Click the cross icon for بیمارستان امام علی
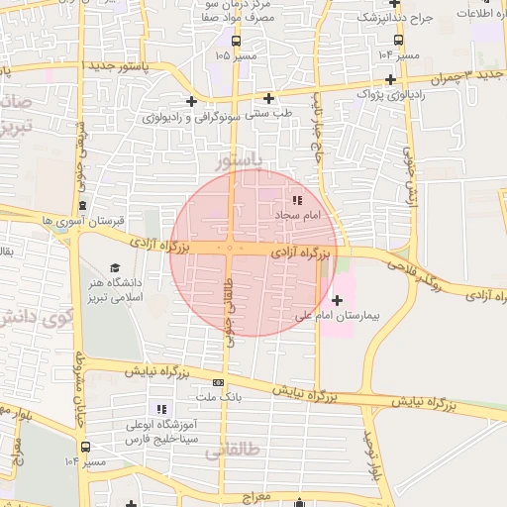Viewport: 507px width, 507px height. tap(337, 300)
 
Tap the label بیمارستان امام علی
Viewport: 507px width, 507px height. tap(344, 317)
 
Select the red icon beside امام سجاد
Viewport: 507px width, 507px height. tap(297, 201)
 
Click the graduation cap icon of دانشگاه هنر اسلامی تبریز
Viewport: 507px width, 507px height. tap(114, 268)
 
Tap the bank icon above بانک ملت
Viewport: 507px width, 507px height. tap(218, 382)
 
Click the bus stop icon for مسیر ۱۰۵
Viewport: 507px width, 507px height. tap(236, 41)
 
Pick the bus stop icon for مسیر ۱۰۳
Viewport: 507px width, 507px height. tap(398, 41)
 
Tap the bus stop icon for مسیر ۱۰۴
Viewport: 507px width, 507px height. tap(85, 448)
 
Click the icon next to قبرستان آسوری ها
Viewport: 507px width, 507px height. tap(82, 206)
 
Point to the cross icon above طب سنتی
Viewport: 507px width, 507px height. tap(269, 98)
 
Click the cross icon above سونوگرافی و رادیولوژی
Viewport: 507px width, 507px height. tap(191, 101)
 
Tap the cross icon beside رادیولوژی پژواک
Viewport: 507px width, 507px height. tap(391, 79)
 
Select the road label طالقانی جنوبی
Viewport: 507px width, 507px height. tap(230, 303)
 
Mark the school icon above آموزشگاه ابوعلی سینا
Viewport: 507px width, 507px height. tap(161, 409)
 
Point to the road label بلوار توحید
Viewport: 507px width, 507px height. tap(372, 456)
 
